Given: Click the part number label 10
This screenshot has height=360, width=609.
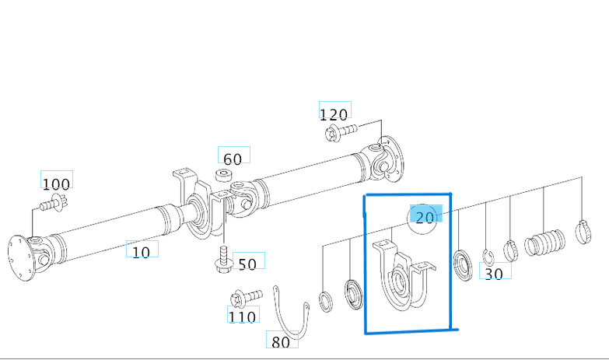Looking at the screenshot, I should [x=142, y=251].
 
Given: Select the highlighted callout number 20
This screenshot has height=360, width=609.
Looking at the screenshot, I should [x=425, y=217].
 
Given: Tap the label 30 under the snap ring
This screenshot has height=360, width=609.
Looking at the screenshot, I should [x=494, y=273].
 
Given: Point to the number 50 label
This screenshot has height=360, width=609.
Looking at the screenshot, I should [x=247, y=264].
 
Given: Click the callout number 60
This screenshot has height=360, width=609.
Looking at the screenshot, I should [x=233, y=158].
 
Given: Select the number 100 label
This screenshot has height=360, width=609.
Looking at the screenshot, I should [x=56, y=183].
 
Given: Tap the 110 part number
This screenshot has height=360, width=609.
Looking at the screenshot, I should [x=243, y=316].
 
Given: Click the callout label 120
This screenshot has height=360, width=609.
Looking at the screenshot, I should [x=334, y=114].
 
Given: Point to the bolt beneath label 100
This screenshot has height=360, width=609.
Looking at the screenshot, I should [x=51, y=205].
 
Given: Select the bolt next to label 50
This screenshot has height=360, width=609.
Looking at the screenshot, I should [x=222, y=259].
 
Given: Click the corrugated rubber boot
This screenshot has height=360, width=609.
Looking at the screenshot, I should [x=544, y=243].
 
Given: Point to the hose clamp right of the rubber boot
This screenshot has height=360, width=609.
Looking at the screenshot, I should [x=582, y=231].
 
